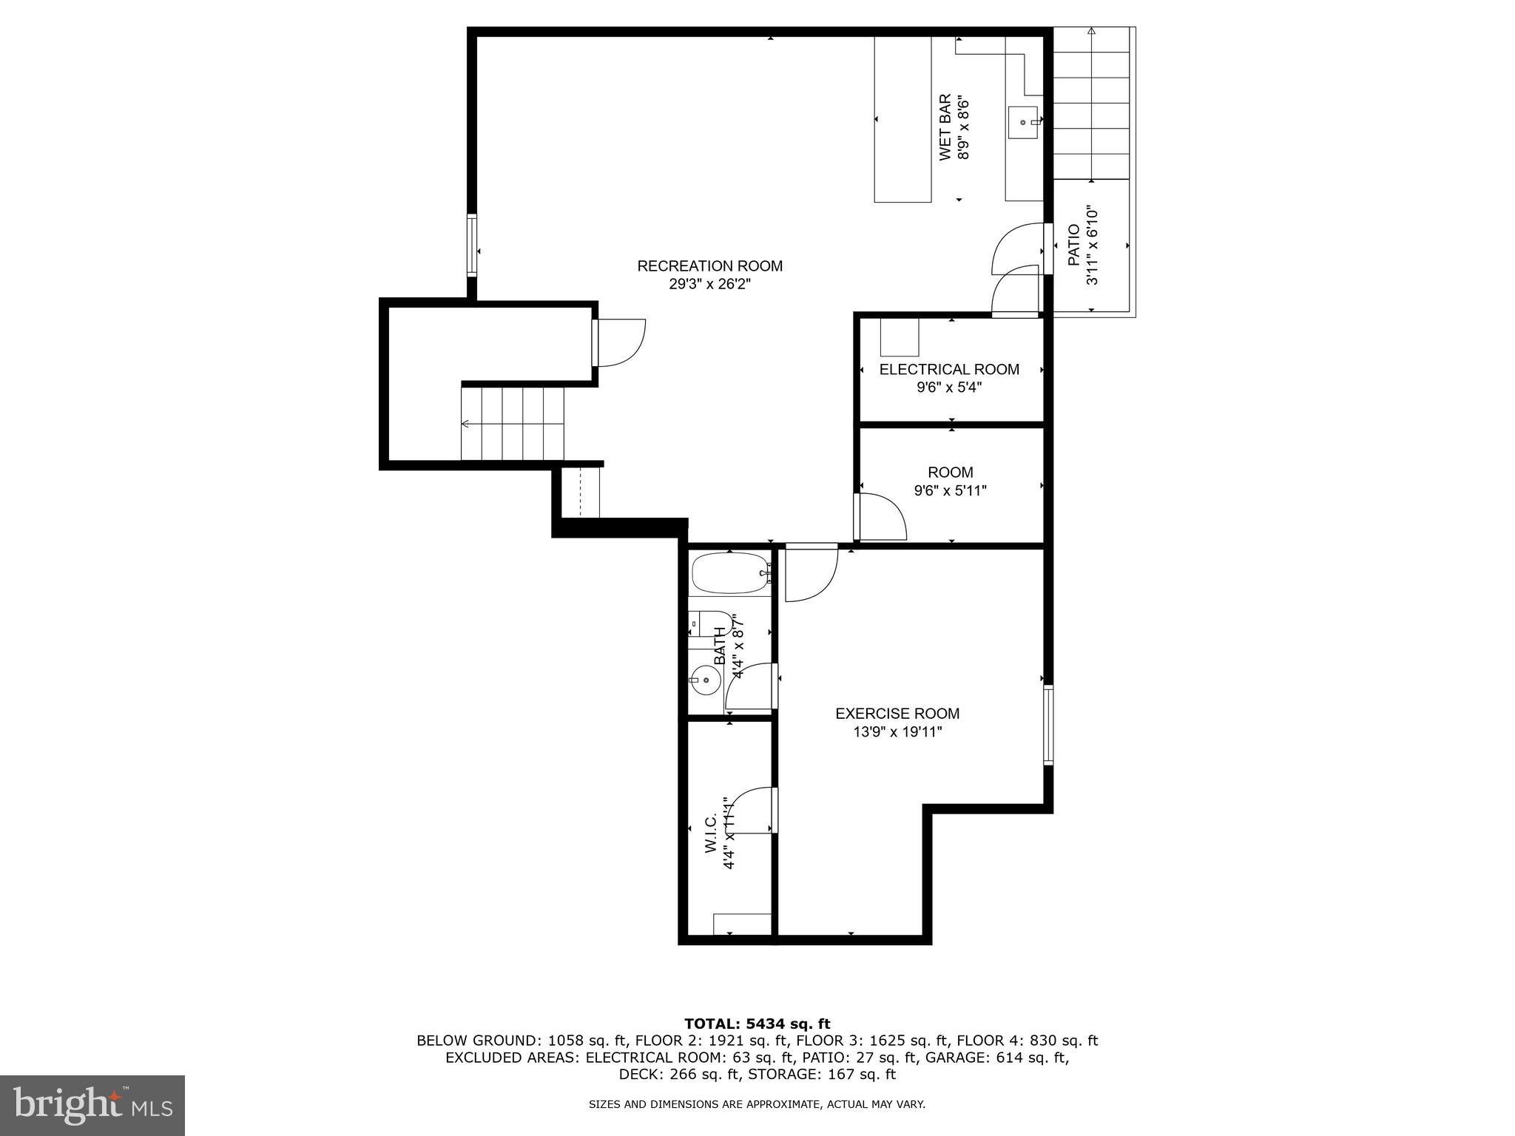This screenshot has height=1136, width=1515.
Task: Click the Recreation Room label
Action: [709, 266]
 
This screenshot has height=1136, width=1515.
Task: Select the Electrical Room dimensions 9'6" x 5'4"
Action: [949, 388]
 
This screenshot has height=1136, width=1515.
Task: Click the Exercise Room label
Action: [897, 714]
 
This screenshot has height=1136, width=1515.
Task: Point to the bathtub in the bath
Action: [731, 573]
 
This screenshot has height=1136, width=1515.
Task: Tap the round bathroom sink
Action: [706, 680]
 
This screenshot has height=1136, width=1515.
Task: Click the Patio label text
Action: [1075, 246]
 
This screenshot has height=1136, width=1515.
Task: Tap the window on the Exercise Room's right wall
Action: [1048, 724]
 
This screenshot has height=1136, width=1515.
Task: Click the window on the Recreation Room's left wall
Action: [471, 245]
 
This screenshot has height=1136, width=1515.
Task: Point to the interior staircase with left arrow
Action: [512, 424]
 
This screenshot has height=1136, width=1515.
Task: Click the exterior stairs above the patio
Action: [1091, 104]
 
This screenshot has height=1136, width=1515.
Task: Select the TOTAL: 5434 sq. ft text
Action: [757, 1024]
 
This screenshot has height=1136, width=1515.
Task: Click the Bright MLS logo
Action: [92, 1106]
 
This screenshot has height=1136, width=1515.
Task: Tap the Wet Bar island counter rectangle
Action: [902, 118]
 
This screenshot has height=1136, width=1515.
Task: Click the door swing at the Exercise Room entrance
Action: [810, 573]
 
